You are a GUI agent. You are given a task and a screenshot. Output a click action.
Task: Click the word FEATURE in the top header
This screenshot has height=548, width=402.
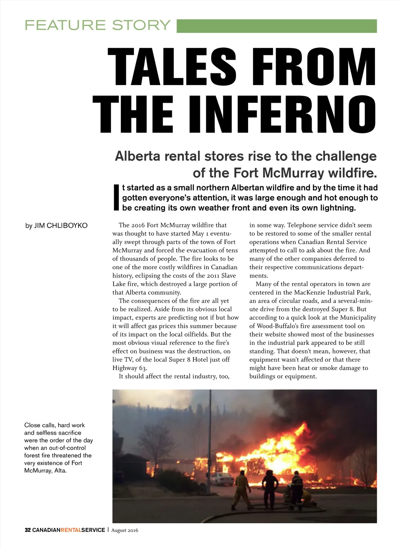point(65,25)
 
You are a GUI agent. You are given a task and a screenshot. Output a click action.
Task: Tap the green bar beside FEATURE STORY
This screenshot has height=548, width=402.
point(277,26)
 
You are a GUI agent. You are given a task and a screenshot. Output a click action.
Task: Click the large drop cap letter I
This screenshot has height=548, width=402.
point(116,197)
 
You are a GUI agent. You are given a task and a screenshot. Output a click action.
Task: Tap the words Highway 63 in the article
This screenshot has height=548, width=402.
point(129,368)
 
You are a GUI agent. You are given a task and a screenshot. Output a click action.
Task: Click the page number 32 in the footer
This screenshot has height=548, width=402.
point(27,530)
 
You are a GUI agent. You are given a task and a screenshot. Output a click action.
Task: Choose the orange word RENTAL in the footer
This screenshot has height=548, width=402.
point(71,530)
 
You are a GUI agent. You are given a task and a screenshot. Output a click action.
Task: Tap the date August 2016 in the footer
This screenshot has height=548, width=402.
point(125,530)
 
